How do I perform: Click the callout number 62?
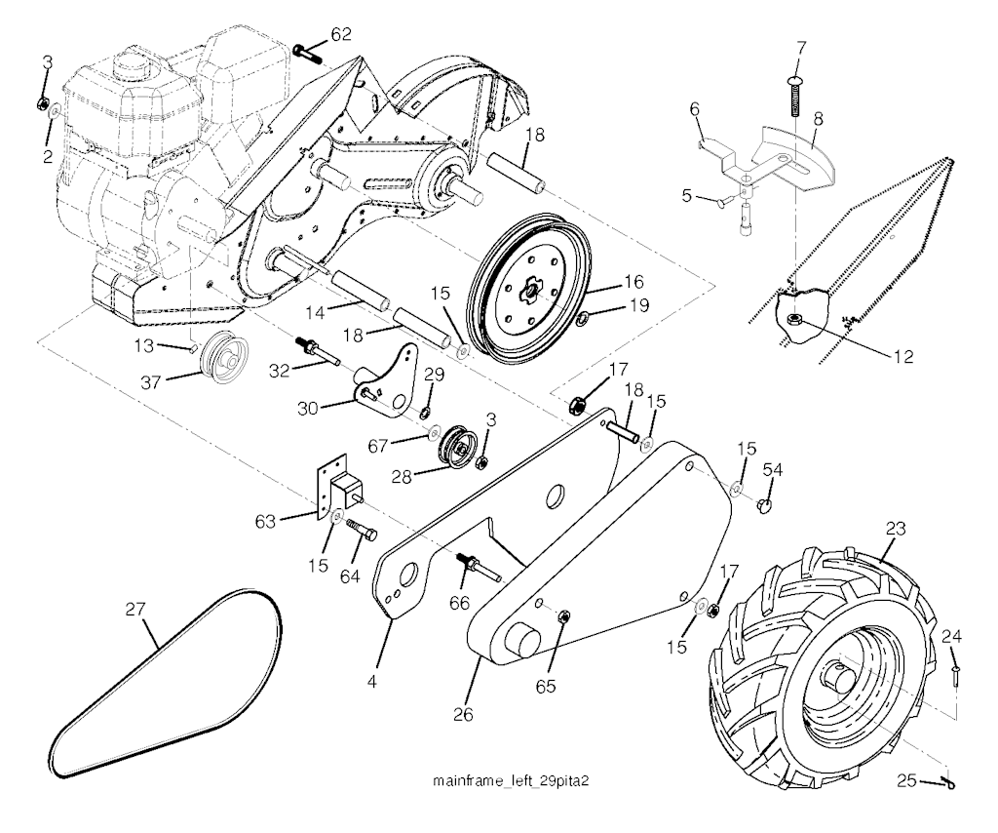pos(341,34)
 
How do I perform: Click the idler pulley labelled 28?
pos(455,449)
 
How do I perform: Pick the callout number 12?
pos(903,357)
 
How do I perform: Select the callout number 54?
pos(773,469)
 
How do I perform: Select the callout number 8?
pos(818,119)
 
